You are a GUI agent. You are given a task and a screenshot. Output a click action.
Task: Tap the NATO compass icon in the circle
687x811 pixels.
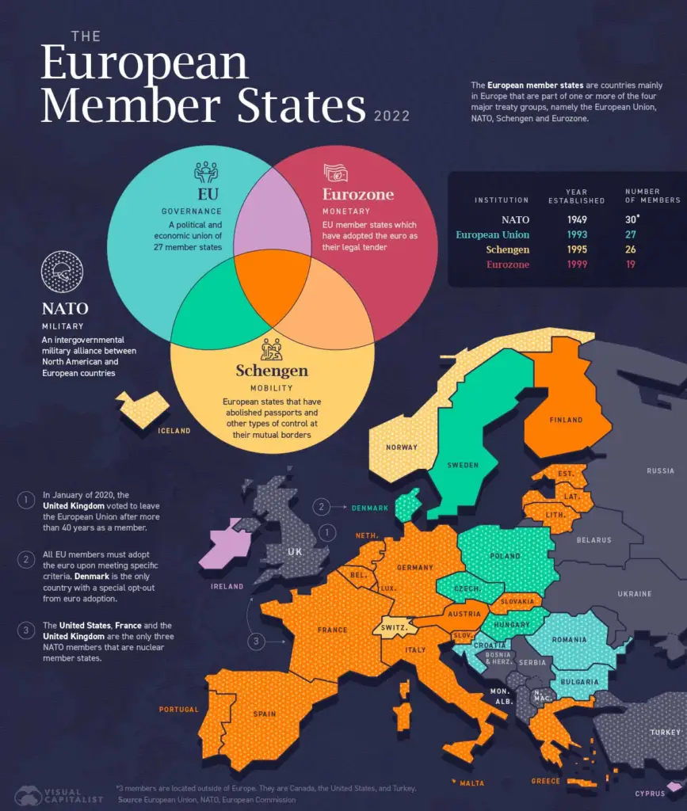coord(61,272)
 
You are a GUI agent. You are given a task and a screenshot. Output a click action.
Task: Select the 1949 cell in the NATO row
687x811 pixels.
coord(576,220)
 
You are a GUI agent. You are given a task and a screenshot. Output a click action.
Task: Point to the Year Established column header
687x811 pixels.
coord(576,196)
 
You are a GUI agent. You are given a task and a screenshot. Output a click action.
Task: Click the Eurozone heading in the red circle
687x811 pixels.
coord(357,194)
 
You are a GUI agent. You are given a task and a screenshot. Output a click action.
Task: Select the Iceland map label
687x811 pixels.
coord(174,431)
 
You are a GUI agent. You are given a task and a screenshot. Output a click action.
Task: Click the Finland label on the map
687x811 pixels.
coord(565,420)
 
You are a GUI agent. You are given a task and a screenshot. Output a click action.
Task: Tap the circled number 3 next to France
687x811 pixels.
coord(255,642)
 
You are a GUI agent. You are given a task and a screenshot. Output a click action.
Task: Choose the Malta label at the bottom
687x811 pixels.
coord(471,783)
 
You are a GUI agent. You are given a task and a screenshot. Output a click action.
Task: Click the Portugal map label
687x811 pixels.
coord(178,709)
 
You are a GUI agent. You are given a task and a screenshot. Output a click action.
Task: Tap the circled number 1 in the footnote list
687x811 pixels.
coord(26,500)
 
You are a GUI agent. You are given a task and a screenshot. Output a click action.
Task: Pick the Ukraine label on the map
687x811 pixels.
coord(634,593)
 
